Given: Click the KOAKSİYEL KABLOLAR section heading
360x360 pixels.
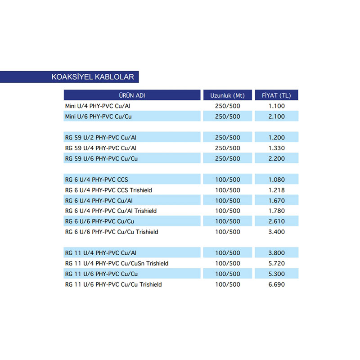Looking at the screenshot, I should point(93,77).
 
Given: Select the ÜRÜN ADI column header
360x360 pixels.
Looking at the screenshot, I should point(132,95).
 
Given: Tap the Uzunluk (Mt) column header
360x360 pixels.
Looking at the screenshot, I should point(227,95).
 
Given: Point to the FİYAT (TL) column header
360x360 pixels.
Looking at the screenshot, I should point(276,95).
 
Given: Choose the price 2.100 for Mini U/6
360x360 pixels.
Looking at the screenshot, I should point(276,117).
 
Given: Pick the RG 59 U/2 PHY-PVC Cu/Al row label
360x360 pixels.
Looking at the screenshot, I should point(101,137).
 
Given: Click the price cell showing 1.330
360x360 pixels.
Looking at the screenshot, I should point(276,148).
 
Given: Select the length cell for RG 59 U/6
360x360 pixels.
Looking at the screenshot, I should point(227,158).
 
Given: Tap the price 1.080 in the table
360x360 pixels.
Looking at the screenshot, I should point(276,180).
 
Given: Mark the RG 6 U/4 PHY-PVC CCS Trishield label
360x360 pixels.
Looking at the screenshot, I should point(108,190).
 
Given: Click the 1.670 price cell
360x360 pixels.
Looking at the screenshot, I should point(276,200).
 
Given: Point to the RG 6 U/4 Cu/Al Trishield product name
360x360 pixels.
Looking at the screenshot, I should point(111,211).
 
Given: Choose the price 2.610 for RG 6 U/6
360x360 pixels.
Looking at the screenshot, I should point(276,221).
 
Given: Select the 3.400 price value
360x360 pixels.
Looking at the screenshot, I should point(276,232).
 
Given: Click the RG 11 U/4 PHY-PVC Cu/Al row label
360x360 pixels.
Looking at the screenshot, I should point(101,253).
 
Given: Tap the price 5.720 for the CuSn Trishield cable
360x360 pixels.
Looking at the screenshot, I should point(276,263).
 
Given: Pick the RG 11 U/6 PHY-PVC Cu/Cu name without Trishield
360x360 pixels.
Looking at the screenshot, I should point(101,274).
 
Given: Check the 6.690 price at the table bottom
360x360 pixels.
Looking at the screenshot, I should point(276,284).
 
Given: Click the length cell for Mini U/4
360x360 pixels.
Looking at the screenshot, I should point(227,106).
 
